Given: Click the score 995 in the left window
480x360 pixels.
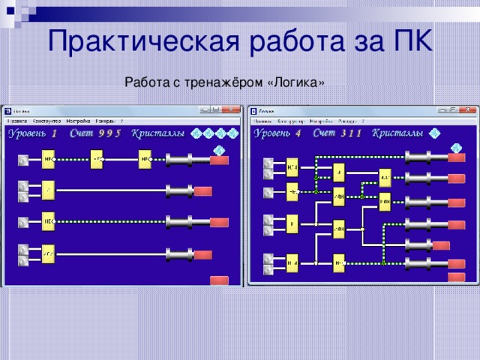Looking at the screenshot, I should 109,134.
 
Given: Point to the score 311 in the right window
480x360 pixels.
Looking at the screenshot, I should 351,133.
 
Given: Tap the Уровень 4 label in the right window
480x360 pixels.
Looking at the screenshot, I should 277,133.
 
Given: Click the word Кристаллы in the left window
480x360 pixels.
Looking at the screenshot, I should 158,134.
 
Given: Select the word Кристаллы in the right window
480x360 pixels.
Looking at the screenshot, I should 397,133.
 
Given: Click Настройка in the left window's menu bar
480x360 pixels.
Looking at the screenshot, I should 78,120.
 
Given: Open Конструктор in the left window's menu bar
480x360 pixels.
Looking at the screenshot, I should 46,120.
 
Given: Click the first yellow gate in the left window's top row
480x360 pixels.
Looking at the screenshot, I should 49,159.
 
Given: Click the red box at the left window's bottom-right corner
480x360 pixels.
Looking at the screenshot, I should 219,281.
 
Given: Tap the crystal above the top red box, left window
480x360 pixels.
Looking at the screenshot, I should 219,149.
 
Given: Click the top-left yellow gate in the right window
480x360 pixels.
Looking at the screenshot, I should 292,165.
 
